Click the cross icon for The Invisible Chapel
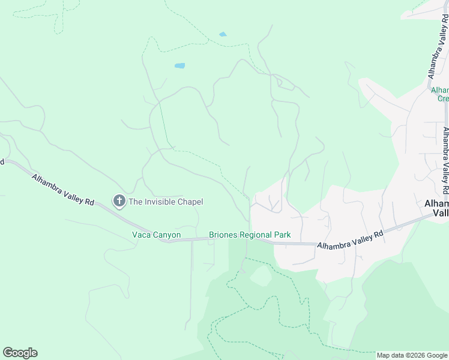(119, 201)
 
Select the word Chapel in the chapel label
(191, 202)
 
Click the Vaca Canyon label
(156, 235)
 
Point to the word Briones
(223, 235)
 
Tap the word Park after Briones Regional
(283, 235)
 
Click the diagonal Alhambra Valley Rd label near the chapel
(63, 190)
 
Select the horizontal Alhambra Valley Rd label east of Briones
(349, 239)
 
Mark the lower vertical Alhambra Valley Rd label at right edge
(445, 159)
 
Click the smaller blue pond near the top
(223, 34)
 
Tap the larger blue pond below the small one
(179, 65)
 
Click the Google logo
(20, 353)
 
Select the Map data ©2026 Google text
(411, 355)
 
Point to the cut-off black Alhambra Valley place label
(436, 208)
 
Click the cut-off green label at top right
(440, 94)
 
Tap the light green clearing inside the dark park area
(260, 276)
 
